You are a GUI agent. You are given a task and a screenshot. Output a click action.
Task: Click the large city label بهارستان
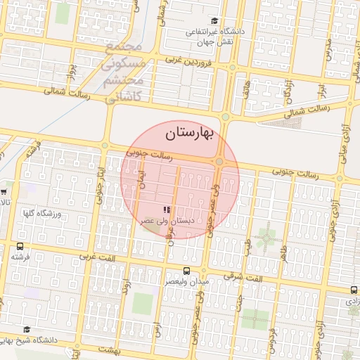pyautogui.click(x=192, y=131)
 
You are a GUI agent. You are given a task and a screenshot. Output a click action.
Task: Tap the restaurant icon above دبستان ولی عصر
pyautogui.click(x=167, y=210)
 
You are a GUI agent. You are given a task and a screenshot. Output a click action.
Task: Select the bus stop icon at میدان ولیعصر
pyautogui.click(x=186, y=271)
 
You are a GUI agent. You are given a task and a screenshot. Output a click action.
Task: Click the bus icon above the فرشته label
pyautogui.click(x=20, y=247)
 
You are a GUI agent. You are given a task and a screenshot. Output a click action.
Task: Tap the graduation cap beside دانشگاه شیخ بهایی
pyautogui.click(x=27, y=329)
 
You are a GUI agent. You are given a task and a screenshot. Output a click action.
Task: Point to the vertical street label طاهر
pyautogui.click(x=284, y=253)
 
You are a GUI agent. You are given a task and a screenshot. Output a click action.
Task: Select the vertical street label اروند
pyautogui.click(x=126, y=290)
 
